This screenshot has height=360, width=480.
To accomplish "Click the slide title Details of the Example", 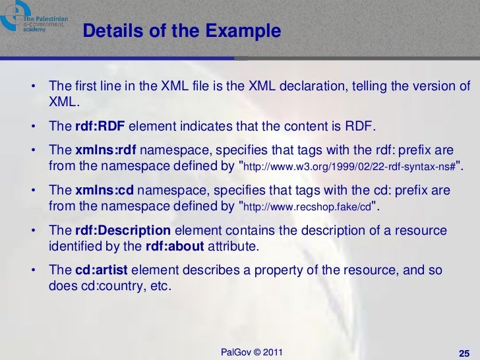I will (x=182, y=31).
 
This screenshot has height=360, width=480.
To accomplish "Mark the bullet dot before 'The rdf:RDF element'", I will (x=33, y=126).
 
